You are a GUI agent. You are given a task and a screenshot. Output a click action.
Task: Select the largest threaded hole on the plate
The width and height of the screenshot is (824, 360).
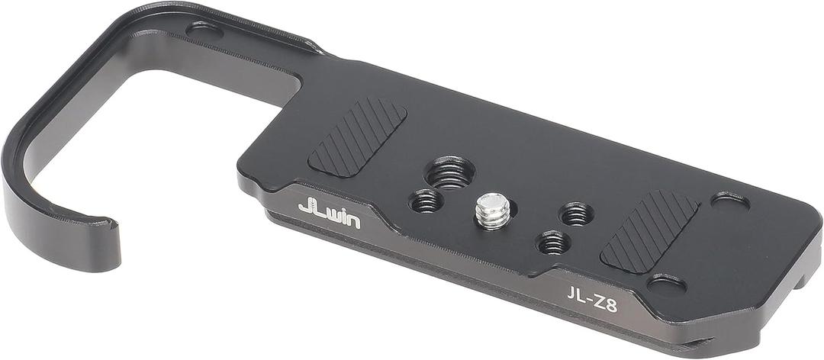pos(449,173)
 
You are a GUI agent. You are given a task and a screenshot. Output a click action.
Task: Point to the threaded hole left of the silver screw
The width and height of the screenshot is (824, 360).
pos(426,201)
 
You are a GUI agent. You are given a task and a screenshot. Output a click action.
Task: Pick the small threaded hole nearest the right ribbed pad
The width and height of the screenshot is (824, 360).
pos(576,214)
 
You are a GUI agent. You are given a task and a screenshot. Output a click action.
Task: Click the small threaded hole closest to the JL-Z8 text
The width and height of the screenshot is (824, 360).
pos(552,243)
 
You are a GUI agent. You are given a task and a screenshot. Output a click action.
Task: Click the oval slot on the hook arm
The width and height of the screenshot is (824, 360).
pos(204,31)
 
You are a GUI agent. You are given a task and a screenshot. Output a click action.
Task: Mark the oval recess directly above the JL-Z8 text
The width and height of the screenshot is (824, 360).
pos(666,284)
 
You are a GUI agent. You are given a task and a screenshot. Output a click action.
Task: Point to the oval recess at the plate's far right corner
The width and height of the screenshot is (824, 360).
pos(729,201)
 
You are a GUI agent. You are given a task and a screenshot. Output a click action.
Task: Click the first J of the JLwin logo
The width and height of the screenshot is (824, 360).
pos(307,207)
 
